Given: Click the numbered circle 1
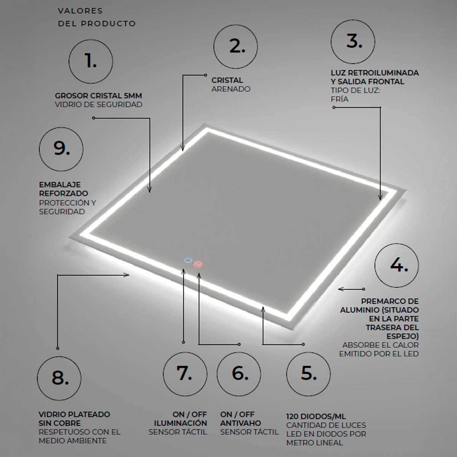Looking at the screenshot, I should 91,61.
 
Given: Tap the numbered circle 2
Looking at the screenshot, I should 235,46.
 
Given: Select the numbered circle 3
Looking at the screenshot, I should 353,42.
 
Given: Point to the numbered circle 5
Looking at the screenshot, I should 308,374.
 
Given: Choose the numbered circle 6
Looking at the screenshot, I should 239,373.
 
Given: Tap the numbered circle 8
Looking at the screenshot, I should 59,378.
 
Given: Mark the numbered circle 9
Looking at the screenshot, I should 61,148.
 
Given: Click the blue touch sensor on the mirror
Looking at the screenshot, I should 187,261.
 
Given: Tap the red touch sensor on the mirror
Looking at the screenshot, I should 198,264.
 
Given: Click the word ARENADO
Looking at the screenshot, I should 231,89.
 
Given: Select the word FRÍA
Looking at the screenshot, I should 340,99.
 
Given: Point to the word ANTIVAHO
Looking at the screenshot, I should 241,423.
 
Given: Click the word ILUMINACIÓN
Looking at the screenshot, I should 181,423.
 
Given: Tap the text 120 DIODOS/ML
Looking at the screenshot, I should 311,417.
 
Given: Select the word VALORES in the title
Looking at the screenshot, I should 80,11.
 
